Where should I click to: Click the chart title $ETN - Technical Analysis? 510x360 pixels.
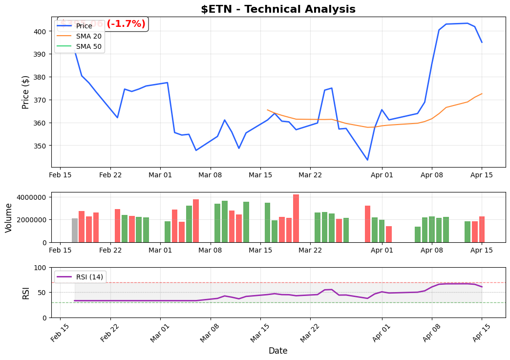click(278, 9)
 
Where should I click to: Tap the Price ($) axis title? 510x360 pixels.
click(26, 92)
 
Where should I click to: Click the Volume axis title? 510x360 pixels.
click(9, 217)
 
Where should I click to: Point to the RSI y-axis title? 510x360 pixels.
click(26, 293)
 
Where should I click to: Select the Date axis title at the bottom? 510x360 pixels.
click(278, 351)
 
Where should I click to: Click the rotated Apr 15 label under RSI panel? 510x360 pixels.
click(480, 332)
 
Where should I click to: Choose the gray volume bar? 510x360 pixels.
click(75, 230)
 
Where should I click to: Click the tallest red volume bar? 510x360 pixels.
click(296, 218)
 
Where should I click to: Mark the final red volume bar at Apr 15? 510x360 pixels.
click(482, 229)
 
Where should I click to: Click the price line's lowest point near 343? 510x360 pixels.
click(367, 160)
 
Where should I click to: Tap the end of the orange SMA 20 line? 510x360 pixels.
click(482, 94)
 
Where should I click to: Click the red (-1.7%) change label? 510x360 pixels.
click(126, 24)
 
